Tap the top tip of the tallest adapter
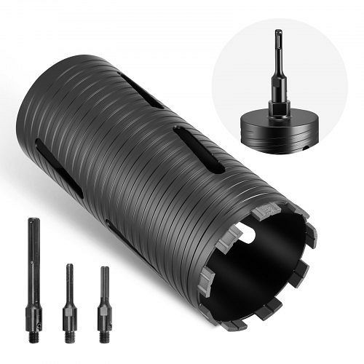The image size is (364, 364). coord(33,221)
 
